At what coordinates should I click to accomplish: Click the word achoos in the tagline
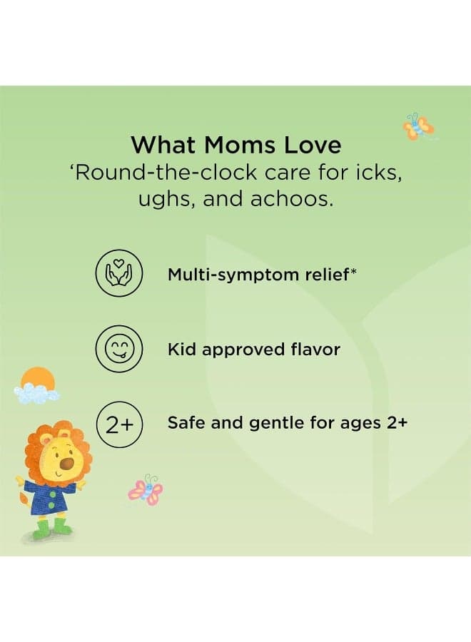click(x=290, y=199)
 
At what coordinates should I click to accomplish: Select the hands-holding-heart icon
click(x=118, y=273)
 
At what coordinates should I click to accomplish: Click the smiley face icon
click(x=118, y=349)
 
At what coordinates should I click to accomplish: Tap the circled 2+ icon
click(x=118, y=424)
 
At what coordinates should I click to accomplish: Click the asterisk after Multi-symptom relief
click(x=353, y=270)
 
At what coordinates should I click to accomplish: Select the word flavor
click(x=315, y=350)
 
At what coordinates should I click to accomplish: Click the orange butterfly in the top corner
click(x=417, y=126)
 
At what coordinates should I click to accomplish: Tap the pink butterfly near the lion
click(x=146, y=489)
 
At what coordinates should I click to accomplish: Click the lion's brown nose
click(x=67, y=464)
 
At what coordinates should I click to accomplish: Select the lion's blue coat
click(x=46, y=497)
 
